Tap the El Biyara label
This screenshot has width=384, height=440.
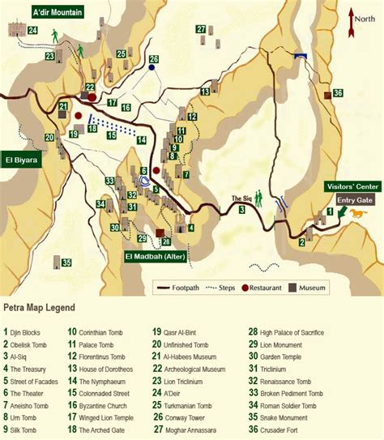point(21,160)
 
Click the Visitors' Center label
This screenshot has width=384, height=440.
point(350,186)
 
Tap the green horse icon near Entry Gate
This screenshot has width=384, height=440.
point(357,212)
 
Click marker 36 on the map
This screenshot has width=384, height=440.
point(338,93)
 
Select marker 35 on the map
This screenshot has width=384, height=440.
point(66,262)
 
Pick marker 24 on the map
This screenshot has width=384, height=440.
point(32,30)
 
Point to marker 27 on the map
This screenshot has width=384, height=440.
point(200,29)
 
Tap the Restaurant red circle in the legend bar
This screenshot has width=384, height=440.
point(244,287)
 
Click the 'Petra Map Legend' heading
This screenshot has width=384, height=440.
point(40,308)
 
